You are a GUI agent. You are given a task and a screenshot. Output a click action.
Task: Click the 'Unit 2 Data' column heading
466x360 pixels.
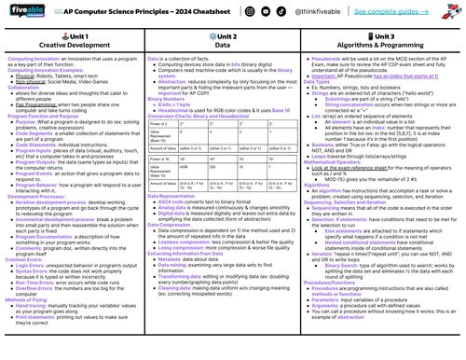231,40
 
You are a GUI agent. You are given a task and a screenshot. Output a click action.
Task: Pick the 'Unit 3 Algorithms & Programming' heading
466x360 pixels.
386,40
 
